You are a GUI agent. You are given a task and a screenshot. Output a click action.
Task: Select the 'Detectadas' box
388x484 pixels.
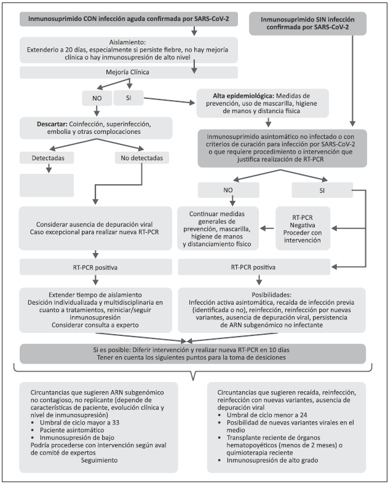[47, 158]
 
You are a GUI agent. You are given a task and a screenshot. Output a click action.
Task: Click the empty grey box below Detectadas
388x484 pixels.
[47, 185]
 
